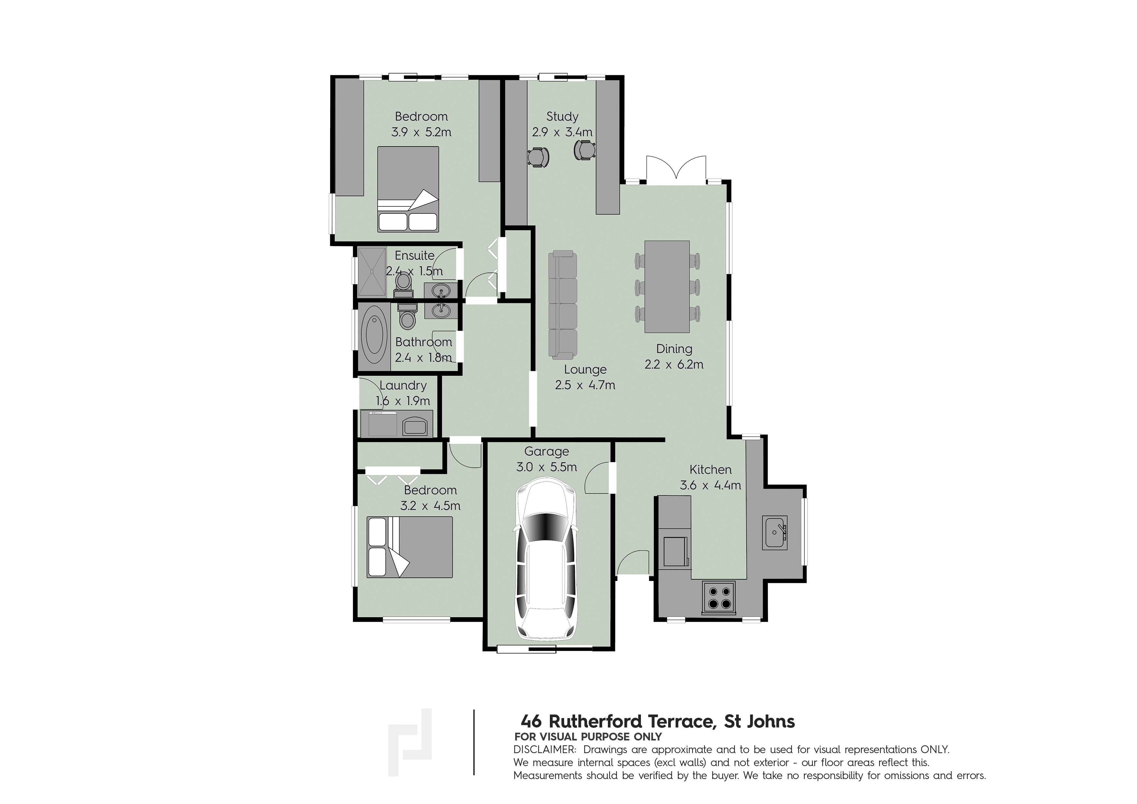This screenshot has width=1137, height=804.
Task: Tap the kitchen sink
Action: point(775,533)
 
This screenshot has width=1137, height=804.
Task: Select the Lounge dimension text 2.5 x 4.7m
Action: point(585,385)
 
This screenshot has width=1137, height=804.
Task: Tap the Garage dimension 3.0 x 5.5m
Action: point(547,467)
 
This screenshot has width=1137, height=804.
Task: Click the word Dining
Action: point(674,349)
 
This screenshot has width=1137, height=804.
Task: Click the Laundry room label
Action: point(403,385)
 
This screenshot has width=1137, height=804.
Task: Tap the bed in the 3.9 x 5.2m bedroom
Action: point(408,189)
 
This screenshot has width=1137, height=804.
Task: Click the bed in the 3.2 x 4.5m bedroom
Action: point(410,547)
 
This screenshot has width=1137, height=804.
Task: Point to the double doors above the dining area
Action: point(676,169)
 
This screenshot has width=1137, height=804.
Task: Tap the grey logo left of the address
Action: point(410,741)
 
